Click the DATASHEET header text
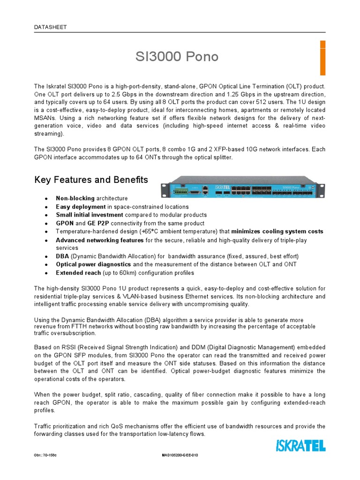(51, 27)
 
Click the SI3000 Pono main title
(177, 57)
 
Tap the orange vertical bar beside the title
(322, 58)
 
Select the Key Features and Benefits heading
(91, 180)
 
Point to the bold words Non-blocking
(75, 199)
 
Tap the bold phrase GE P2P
(97, 224)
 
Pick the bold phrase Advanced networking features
(99, 240)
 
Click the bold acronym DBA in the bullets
(62, 256)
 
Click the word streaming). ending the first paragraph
(49, 134)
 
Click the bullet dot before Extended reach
(45, 273)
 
